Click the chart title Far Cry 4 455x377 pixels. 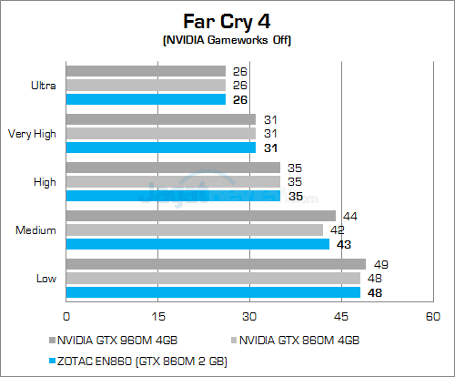pyautogui.click(x=227, y=19)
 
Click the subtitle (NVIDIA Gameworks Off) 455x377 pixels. pyautogui.click(x=227, y=40)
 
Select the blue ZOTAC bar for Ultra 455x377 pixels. pyautogui.click(x=146, y=99)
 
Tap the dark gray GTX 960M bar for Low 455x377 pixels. pyautogui.click(x=216, y=264)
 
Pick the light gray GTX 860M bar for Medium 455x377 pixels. pyautogui.click(x=194, y=229)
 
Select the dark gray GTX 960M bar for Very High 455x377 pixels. pyautogui.click(x=161, y=119)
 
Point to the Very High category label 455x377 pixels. pyautogui.click(x=33, y=133)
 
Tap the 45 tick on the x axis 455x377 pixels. pyautogui.click(x=341, y=316)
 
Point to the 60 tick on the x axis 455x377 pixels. pyautogui.click(x=432, y=316)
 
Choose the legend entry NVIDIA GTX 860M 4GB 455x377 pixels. pyautogui.click(x=301, y=340)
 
